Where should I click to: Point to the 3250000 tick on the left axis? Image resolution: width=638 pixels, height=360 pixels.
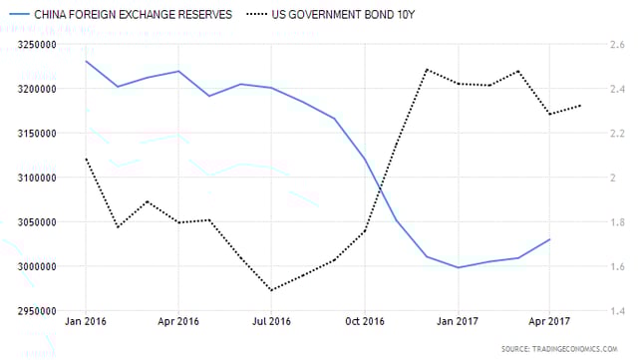pos(26,45)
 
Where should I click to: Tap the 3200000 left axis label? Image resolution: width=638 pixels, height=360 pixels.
pos(26,89)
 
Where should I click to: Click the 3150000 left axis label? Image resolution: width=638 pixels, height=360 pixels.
pos(26,134)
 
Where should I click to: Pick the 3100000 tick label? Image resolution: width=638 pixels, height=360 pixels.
pos(26,178)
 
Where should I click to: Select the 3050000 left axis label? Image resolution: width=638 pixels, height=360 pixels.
pos(26,222)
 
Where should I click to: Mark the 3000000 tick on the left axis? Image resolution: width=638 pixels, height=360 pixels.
pos(26,266)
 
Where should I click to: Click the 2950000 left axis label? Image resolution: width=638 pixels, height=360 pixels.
pos(26,311)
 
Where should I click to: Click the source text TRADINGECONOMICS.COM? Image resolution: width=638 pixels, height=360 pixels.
pos(574,348)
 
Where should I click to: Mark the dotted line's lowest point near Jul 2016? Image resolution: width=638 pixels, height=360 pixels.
pos(270,290)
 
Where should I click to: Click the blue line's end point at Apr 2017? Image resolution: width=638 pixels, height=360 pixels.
pos(549,239)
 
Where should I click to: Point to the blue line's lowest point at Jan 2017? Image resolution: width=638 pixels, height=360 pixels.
pos(458,267)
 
